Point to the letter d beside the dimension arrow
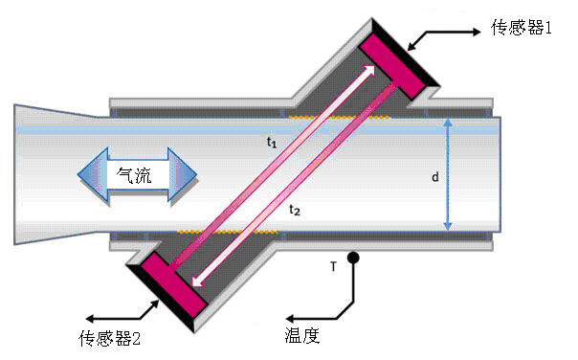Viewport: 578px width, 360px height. pos(434,177)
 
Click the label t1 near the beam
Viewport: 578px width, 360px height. pos(272,142)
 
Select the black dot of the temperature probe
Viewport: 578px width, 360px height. pos(353,258)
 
